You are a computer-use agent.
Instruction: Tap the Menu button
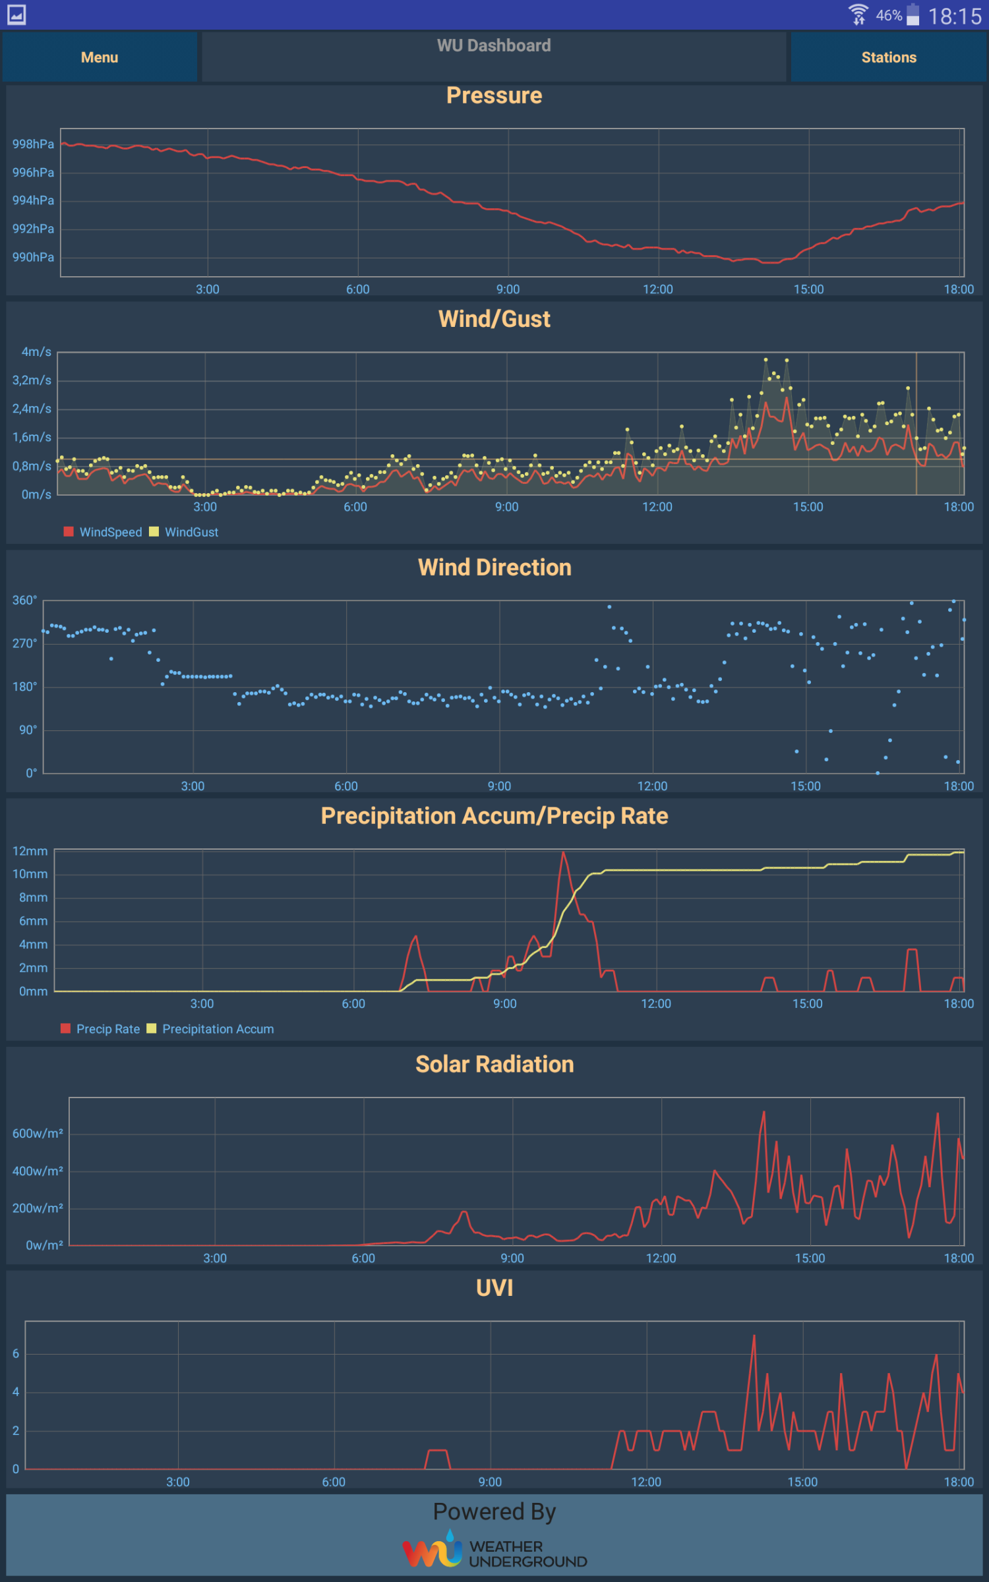[100, 57]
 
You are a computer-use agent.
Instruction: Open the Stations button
[888, 57]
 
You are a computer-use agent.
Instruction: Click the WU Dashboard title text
[494, 45]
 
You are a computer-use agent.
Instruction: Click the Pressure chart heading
[494, 96]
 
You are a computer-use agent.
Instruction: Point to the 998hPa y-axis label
[33, 144]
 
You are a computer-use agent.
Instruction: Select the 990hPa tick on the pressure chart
[33, 257]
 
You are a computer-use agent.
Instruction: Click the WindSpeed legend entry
[103, 532]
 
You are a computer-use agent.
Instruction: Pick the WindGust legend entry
[184, 532]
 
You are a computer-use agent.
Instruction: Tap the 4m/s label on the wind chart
[36, 352]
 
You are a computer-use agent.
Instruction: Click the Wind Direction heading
[494, 568]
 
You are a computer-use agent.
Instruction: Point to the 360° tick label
[24, 601]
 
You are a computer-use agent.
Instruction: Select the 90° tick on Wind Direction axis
[28, 730]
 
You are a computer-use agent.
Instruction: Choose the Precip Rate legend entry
[100, 1029]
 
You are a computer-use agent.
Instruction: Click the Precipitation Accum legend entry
[210, 1029]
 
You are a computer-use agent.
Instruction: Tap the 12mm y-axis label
[30, 851]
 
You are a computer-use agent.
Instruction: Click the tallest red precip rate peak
[563, 853]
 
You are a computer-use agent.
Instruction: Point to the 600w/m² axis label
[38, 1134]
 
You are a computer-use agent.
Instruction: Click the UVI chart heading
[494, 1288]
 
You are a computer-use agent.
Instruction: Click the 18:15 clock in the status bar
[955, 16]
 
